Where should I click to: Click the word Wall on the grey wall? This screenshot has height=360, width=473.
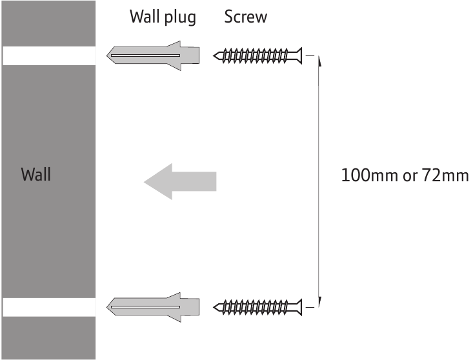[x=36, y=174]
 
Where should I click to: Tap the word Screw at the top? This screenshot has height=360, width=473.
[x=246, y=17]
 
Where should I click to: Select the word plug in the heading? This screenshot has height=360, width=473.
[x=180, y=18]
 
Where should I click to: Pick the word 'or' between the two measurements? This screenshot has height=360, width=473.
[x=410, y=177]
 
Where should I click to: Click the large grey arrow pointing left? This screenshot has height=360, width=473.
[x=180, y=181]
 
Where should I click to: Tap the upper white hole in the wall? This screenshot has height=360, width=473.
[x=50, y=55]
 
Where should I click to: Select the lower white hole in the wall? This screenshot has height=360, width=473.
[x=50, y=307]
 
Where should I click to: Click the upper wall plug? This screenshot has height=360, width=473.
[x=153, y=55]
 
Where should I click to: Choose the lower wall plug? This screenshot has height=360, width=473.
[x=153, y=307]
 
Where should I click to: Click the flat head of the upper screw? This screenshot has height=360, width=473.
[x=299, y=55]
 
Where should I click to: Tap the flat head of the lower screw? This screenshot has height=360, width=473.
[x=299, y=307]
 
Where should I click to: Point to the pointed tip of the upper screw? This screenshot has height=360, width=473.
[x=214, y=55]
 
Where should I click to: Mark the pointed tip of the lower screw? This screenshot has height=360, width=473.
[x=214, y=307]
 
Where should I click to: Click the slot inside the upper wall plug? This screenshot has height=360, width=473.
[x=145, y=55]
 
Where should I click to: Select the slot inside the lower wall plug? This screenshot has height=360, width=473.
[x=145, y=307]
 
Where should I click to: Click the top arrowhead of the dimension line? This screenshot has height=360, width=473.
[x=319, y=60]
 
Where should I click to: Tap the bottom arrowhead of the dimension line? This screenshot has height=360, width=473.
[x=319, y=302]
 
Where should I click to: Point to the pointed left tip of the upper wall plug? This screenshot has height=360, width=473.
[x=106, y=55]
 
